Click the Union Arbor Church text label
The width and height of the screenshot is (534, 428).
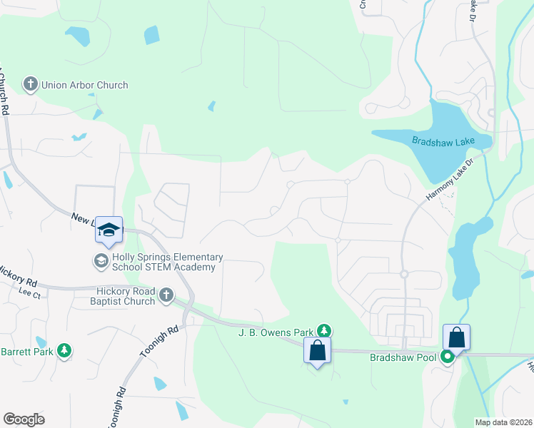(84, 85)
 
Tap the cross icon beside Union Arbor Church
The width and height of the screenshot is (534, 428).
(30, 85)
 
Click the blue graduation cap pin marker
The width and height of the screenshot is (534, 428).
(109, 230)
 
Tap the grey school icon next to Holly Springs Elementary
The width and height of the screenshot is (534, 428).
(101, 262)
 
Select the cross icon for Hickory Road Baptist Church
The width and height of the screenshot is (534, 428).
(166, 295)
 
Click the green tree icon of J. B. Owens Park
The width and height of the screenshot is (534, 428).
(324, 330)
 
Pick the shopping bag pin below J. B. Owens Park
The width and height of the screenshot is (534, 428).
(317, 351)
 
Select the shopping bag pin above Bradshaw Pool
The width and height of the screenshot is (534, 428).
(456, 338)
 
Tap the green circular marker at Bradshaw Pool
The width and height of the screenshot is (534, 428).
(448, 356)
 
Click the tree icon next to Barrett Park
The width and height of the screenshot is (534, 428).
(65, 350)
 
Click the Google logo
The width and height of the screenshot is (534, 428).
(24, 419)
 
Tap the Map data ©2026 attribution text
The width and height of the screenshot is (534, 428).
(503, 422)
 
